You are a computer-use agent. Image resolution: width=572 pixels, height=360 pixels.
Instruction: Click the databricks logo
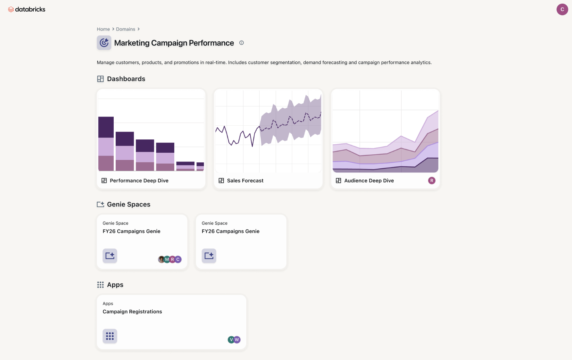pos(27,9)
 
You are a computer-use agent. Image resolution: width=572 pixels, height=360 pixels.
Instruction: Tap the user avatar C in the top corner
pos(562,9)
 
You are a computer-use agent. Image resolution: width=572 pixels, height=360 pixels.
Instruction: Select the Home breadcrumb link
pos(103,29)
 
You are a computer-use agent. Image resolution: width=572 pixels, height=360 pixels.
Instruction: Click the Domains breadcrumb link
pos(125,29)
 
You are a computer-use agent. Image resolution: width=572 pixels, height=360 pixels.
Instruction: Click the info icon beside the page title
pos(241,43)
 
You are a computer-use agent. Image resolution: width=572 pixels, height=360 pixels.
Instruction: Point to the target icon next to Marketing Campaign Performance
pos(104,43)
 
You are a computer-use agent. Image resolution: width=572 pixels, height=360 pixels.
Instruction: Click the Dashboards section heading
pos(126,79)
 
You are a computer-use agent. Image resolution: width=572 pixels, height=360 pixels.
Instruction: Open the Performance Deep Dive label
pos(139,181)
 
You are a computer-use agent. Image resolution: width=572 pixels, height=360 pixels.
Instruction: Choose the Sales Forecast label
pos(245,181)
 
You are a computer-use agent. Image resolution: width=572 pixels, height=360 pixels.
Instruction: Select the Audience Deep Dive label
pos(369,181)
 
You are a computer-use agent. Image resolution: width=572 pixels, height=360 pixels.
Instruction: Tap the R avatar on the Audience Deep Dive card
pos(432,181)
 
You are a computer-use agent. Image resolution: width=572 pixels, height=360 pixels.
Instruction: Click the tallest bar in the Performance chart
pos(106,143)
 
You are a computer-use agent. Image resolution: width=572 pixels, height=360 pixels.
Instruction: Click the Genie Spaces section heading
pos(129,205)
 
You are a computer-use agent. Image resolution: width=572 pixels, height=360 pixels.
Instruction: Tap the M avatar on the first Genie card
pos(167,260)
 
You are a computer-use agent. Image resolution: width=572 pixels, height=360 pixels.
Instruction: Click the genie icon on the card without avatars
pos(209,256)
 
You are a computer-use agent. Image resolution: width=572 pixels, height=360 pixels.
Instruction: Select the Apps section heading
pos(115,285)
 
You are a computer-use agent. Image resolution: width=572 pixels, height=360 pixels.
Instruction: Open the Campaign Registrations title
pos(132,312)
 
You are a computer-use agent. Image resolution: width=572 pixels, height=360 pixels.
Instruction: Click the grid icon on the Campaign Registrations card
pos(110,336)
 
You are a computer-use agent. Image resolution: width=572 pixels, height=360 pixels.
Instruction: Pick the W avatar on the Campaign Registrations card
pos(237,340)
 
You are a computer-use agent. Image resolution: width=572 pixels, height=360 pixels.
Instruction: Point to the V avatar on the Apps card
pos(231,340)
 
